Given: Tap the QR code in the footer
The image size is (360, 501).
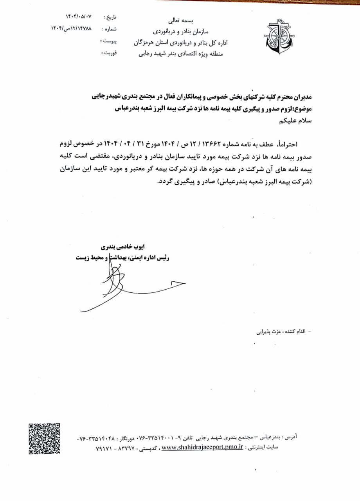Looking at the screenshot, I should [x=44, y=438].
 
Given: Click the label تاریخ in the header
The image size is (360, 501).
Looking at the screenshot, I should [x=110, y=18].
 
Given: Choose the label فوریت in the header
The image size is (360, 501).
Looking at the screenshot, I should [x=108, y=52].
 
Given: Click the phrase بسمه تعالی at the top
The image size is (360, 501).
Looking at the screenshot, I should [x=184, y=20].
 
